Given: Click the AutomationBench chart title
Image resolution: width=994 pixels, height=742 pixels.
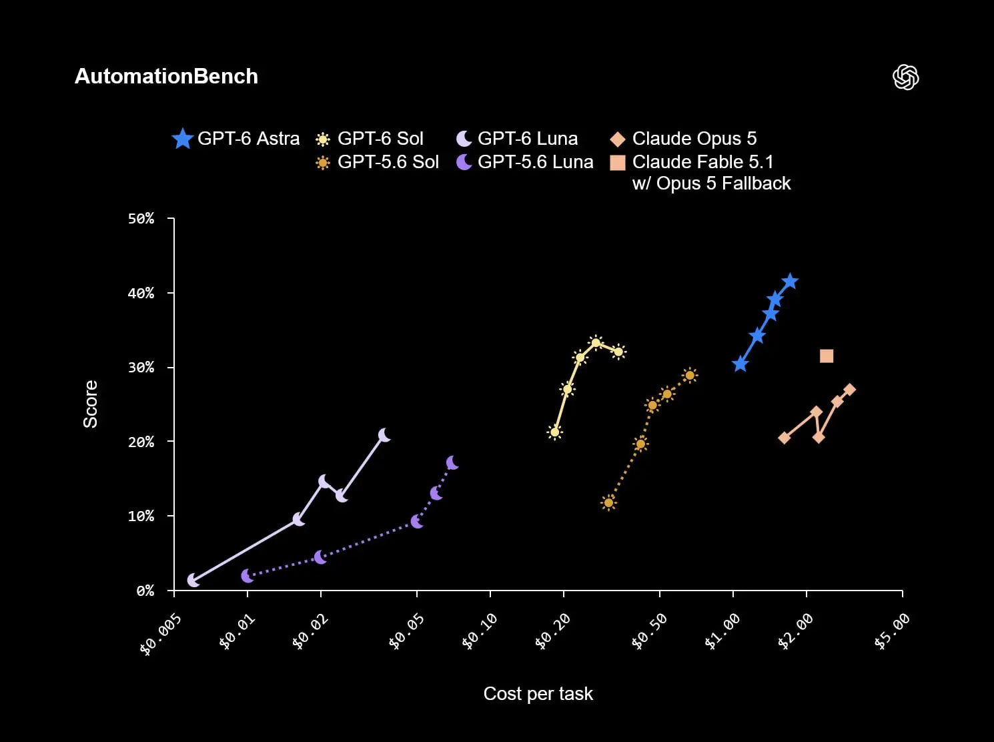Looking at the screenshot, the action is point(166,76).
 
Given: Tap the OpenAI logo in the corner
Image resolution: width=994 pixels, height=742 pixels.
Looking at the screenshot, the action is point(906,77).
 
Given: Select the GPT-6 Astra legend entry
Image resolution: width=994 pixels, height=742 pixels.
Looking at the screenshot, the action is point(236,139).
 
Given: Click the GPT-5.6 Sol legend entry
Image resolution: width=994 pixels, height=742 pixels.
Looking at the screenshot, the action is point(377,161).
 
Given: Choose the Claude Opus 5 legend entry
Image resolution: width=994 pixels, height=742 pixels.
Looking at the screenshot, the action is point(683,139).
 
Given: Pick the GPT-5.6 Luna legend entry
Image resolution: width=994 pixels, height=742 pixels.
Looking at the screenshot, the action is point(525,161).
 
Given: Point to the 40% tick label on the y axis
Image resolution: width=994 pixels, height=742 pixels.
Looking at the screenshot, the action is point(141,294).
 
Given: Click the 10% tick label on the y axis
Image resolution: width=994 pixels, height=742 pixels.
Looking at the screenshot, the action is point(141,516).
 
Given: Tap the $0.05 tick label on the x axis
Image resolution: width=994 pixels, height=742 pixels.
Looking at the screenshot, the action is point(407,632).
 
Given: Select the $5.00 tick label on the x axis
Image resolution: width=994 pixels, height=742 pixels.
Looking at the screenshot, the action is point(892,632).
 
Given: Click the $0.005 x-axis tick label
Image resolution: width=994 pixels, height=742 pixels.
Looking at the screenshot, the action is point(161,635).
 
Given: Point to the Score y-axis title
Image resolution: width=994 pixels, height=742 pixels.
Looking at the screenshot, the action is point(90,404).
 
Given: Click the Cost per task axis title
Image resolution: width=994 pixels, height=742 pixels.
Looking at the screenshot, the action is point(538,693).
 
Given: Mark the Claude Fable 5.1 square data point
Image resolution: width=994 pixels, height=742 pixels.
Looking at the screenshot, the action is point(827,356).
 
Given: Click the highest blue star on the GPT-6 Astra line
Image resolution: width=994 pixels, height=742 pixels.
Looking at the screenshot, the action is point(790,282).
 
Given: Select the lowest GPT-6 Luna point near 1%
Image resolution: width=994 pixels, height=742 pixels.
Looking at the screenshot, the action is point(193,580).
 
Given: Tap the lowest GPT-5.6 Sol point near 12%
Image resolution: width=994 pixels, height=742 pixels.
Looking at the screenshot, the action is point(608,502).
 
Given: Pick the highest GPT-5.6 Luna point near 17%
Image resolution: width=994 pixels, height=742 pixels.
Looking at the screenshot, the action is point(452,462).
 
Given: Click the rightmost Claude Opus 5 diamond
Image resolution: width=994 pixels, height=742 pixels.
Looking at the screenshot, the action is point(849,390).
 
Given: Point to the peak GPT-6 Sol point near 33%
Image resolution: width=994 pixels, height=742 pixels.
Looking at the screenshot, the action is point(596,344).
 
